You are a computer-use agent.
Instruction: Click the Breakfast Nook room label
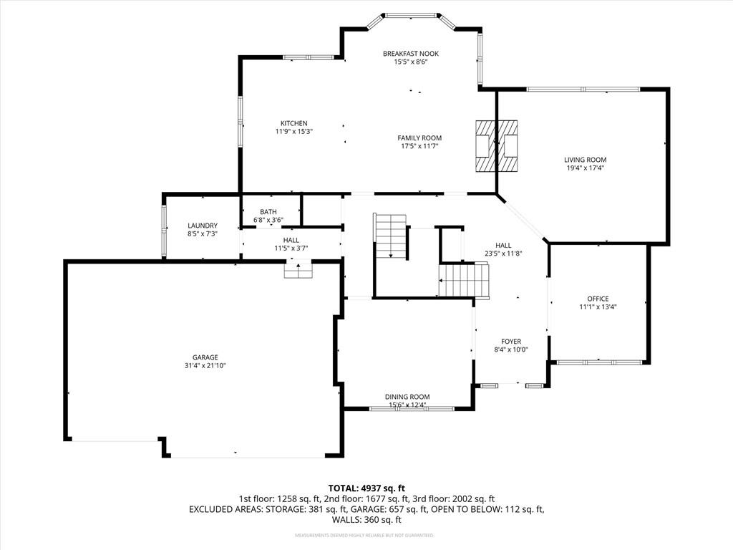410,54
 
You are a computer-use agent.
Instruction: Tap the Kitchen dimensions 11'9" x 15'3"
294,132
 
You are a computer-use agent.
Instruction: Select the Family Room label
419,138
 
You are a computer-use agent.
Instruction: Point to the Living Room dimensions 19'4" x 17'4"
585,168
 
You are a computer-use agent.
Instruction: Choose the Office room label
598,299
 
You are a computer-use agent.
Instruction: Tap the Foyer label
510,342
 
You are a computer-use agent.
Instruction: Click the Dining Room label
407,397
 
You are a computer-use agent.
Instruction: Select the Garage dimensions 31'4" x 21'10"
205,365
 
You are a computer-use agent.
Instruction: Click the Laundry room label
202,226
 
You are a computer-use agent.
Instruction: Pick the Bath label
268,212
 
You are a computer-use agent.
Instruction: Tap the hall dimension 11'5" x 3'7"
291,249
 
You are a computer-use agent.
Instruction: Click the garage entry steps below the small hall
298,270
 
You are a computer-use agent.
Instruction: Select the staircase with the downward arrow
390,236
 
